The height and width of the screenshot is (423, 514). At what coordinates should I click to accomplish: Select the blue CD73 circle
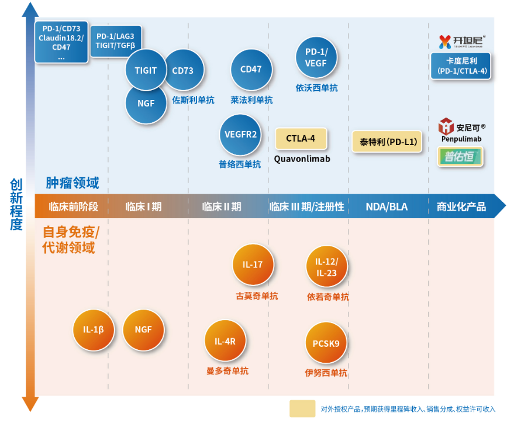coord(184,71)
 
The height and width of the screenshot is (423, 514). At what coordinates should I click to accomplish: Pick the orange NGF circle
coord(143,329)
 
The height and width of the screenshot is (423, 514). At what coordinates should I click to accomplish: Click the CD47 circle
coord(251,70)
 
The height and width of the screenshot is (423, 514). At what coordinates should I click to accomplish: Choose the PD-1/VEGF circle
coord(316,57)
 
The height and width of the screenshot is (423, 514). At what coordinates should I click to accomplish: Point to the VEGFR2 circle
coord(240,135)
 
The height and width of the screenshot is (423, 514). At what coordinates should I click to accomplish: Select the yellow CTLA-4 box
coord(301,139)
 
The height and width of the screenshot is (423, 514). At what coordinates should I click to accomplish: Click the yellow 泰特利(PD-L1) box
coord(387,142)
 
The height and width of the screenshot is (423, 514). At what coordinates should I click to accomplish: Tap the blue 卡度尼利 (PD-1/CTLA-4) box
coord(458,66)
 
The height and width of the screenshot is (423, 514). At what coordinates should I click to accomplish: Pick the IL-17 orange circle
coord(253,264)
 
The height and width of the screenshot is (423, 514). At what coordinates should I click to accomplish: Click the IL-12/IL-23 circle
coord(326,267)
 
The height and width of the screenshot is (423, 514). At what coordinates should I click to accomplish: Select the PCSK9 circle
coord(326,343)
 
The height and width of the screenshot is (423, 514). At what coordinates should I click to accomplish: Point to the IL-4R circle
coord(225,341)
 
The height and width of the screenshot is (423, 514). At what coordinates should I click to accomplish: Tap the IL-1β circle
coord(93,329)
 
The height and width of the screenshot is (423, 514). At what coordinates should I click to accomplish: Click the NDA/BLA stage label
coord(387,207)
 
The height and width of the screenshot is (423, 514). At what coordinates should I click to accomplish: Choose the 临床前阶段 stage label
coord(74,207)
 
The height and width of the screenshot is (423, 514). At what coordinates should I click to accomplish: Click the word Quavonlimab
coord(302,159)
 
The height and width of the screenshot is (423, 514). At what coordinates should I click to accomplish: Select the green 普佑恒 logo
coord(461,157)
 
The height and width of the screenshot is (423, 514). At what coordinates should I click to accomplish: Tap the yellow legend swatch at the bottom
coord(302,408)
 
